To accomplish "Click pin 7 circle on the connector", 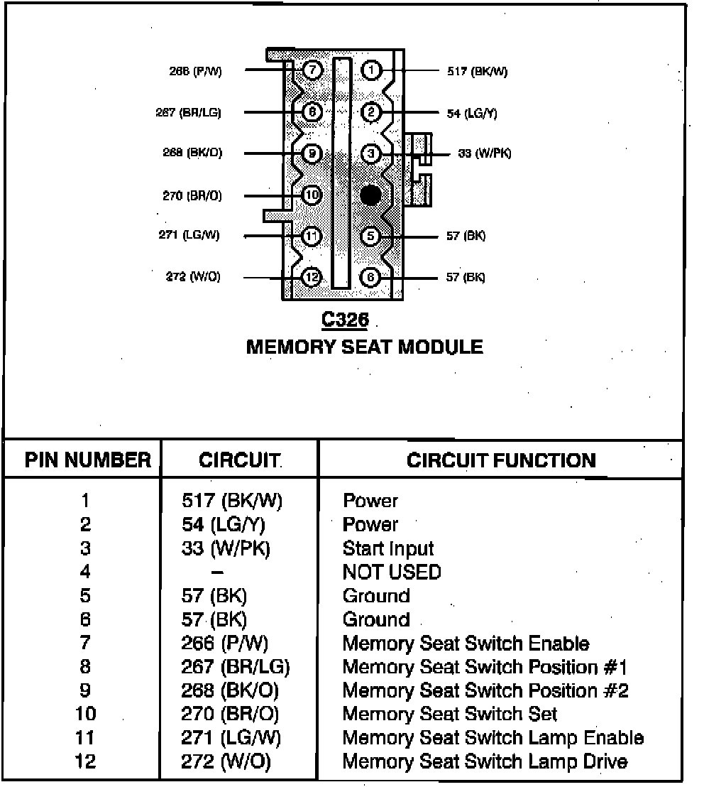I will (x=312, y=70).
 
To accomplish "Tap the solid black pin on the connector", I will (x=370, y=195).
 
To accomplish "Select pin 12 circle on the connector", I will (x=312, y=277).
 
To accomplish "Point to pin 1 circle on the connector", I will (x=371, y=70).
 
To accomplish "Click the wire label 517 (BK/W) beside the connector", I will (x=477, y=71).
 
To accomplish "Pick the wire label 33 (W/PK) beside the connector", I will (x=484, y=153).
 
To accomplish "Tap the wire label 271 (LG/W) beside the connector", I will (x=189, y=235).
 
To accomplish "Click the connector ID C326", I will (x=345, y=320).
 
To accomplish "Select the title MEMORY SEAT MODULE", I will (x=364, y=347).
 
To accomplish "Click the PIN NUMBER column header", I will (x=88, y=460).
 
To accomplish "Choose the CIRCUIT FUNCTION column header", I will (x=501, y=460).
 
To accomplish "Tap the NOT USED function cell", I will (x=392, y=572).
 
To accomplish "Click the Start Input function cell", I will (x=387, y=548).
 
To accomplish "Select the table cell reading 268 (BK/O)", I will (x=230, y=690).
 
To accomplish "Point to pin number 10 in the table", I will (x=85, y=714).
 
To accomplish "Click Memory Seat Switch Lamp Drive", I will (x=485, y=762).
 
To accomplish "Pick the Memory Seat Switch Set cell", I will (x=450, y=714).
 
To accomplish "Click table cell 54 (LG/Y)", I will (x=228, y=525).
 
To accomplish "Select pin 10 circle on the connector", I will (x=312, y=195).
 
